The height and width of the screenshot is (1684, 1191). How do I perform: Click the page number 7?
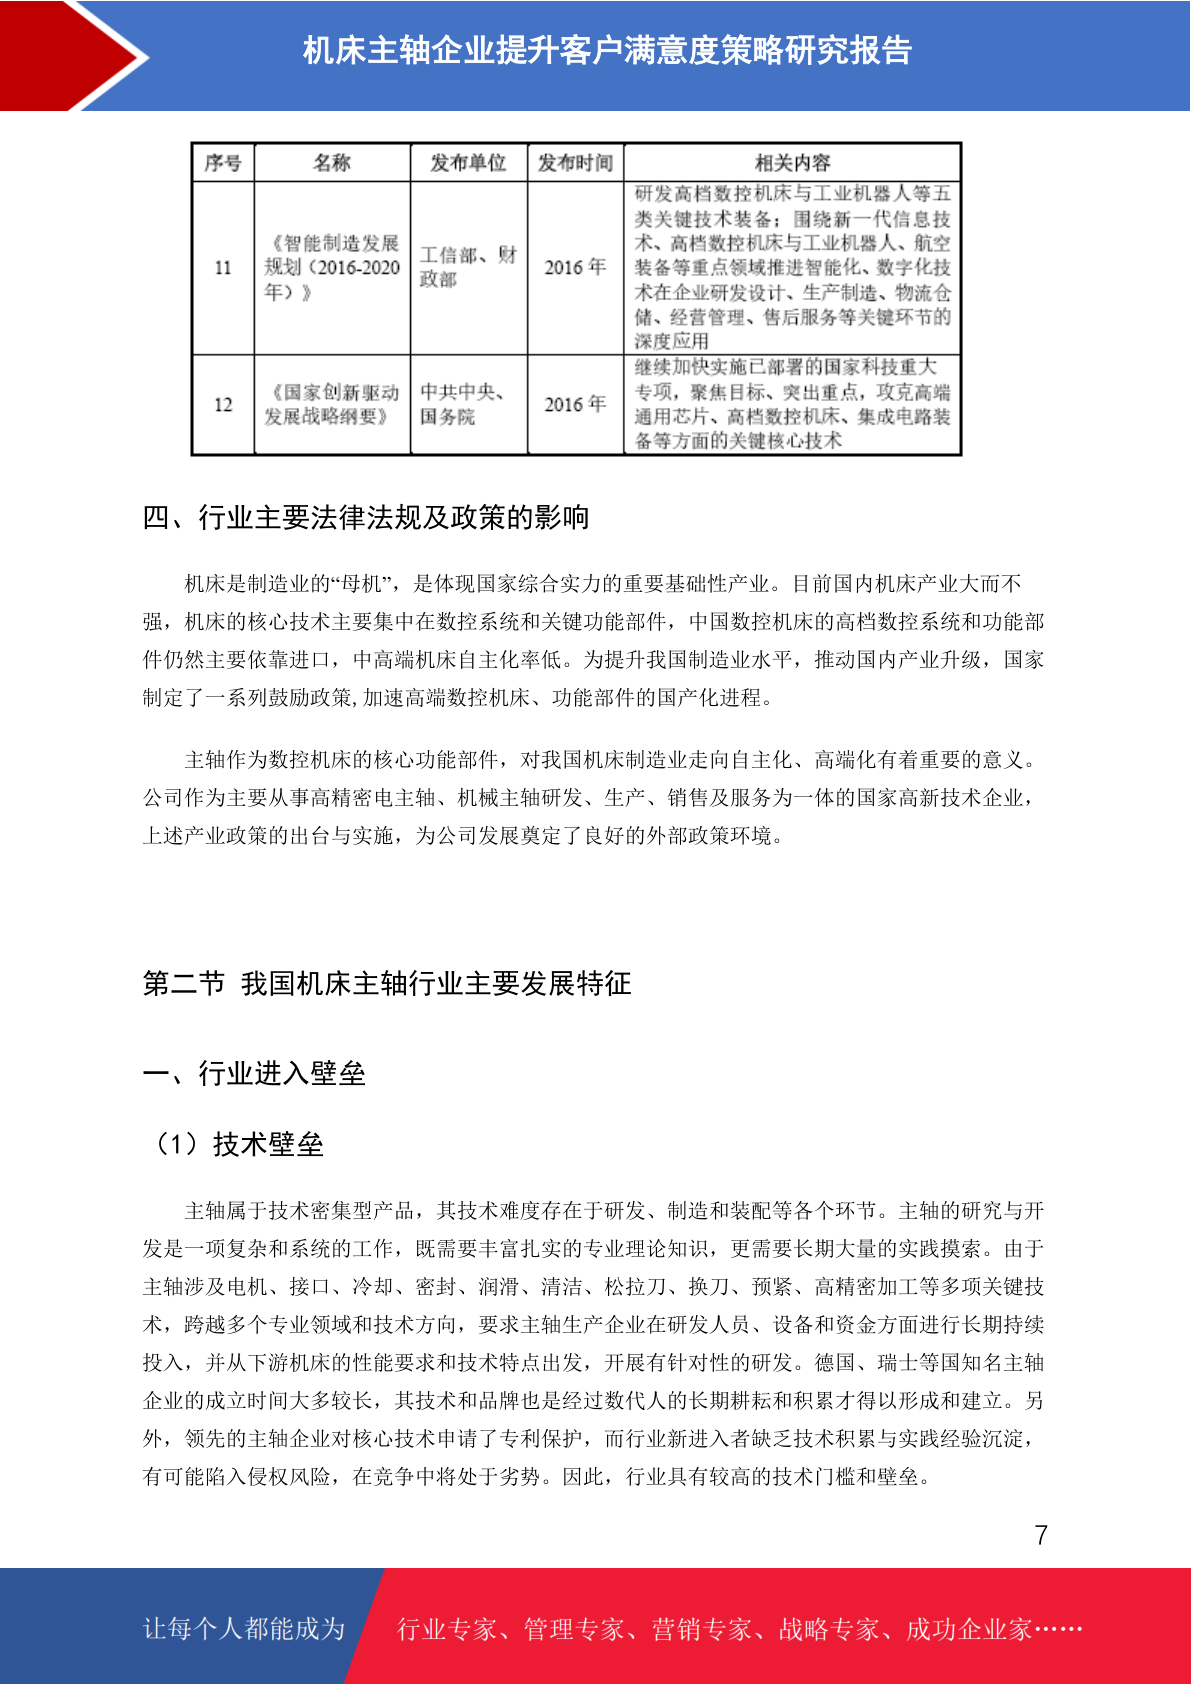pos(1041,1535)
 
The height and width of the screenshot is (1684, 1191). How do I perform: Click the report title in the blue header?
pos(607,50)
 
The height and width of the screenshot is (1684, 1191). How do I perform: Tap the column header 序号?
pos(223,163)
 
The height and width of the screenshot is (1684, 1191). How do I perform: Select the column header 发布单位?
pos(468,163)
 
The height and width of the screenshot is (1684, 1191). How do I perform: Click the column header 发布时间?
pos(575,163)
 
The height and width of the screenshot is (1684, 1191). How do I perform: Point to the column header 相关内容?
pos(792,163)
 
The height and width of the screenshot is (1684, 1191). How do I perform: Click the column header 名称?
pos(332,163)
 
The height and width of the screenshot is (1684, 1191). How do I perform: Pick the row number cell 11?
pos(223,268)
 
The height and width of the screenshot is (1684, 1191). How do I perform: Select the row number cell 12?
pos(223,405)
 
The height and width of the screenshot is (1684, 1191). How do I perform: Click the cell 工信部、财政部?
pos(468,267)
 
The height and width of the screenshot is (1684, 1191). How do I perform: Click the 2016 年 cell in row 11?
pos(575,268)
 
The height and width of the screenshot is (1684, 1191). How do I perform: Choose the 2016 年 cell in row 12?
pos(575,405)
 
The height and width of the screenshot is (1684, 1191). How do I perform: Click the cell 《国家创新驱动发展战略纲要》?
pos(332,405)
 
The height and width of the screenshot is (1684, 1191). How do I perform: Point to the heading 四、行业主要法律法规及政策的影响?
pos(366,518)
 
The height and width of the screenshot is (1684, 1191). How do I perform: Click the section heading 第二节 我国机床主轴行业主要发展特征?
pos(387,984)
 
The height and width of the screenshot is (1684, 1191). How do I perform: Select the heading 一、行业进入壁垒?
pos(254,1074)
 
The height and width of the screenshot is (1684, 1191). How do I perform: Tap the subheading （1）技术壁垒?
pos(236,1145)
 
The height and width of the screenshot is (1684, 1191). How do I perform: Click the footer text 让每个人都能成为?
pos(244,1629)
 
